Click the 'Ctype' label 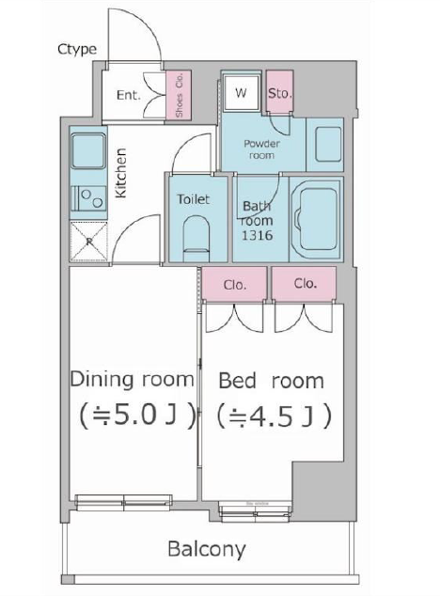point(77,50)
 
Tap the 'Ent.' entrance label point(129,95)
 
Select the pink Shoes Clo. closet point(179,95)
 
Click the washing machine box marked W point(242,93)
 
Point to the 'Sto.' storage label point(280,93)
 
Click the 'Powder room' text point(261,149)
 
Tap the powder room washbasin point(328,145)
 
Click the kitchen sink point(88,150)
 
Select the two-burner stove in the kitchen point(89,198)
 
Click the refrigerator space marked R point(89,242)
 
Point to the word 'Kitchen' point(120,173)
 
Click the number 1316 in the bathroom point(258,235)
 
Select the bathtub point(318,219)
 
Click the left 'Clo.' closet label point(235,285)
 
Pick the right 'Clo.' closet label point(305,283)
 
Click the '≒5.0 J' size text point(137,416)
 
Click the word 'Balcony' point(207,550)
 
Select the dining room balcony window point(123,502)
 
